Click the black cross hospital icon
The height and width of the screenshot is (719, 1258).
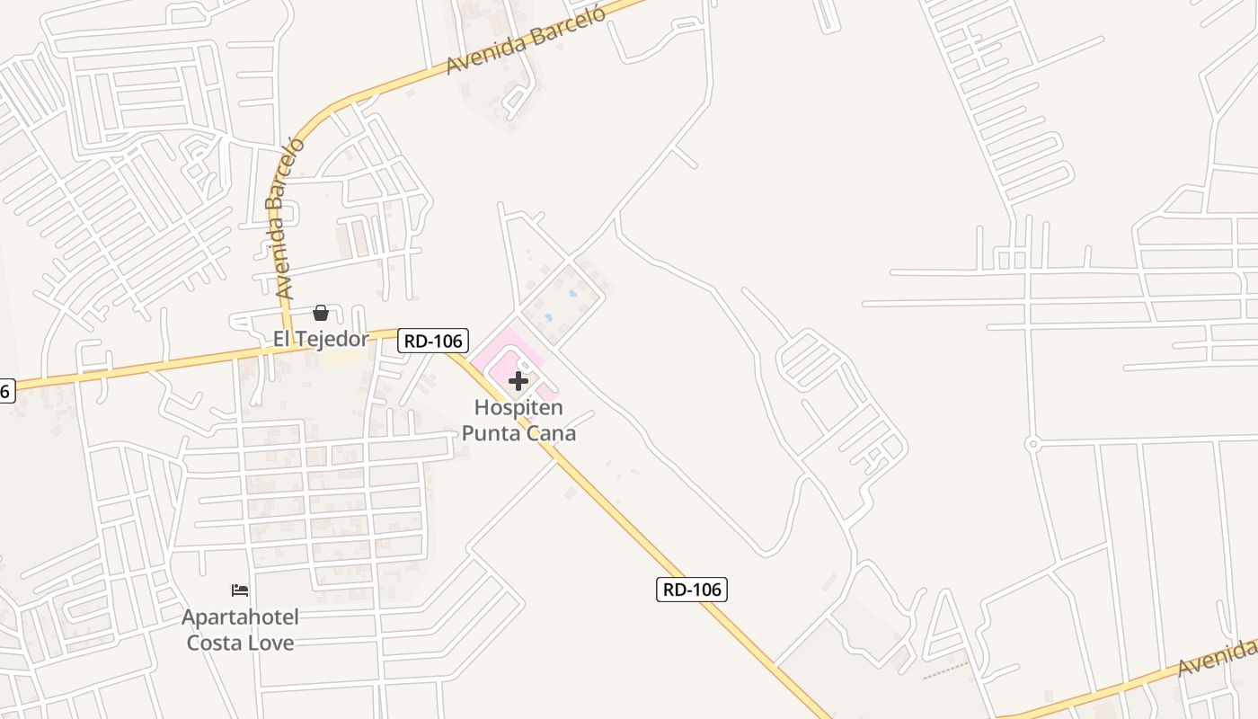(x=518, y=380)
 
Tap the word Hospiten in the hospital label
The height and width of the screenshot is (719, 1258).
(x=518, y=408)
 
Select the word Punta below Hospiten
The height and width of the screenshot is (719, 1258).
(x=493, y=433)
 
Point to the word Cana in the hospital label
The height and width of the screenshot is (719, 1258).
(x=552, y=433)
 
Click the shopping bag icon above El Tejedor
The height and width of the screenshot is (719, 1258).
(x=321, y=313)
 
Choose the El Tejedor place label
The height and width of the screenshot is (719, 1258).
(x=321, y=339)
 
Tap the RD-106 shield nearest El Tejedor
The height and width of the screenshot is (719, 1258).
(x=434, y=341)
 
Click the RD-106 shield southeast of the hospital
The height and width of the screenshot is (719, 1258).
(x=691, y=590)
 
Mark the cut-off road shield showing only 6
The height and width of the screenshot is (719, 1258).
(x=6, y=391)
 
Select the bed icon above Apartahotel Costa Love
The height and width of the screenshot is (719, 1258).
(x=240, y=590)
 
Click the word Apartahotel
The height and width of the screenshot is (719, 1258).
(x=240, y=617)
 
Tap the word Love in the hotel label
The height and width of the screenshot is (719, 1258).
(x=271, y=643)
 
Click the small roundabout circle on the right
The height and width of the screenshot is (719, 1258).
(x=1032, y=444)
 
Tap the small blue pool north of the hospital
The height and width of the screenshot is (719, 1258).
(x=573, y=294)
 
